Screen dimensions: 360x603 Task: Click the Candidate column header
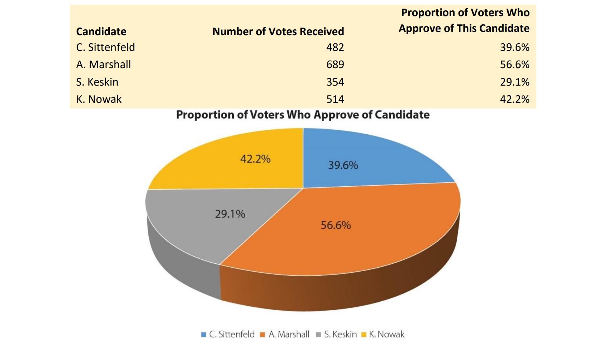(101, 32)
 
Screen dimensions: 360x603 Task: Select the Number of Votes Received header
(278, 32)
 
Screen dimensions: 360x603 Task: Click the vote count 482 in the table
(335, 47)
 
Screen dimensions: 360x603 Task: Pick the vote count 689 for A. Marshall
(335, 64)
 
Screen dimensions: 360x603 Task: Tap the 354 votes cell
(335, 82)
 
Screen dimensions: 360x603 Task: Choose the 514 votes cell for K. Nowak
(335, 99)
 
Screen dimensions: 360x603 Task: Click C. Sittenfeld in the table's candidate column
(105, 47)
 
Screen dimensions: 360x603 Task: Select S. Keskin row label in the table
(97, 82)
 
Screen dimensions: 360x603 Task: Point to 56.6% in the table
(514, 64)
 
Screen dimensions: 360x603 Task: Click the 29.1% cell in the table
(514, 82)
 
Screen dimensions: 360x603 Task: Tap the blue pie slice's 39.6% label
(343, 165)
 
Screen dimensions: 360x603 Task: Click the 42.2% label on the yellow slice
(255, 159)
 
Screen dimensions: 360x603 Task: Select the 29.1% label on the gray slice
(230, 214)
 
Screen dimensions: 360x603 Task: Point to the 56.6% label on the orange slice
(336, 225)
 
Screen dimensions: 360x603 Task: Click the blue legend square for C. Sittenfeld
(204, 335)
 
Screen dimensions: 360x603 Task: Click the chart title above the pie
(303, 115)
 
